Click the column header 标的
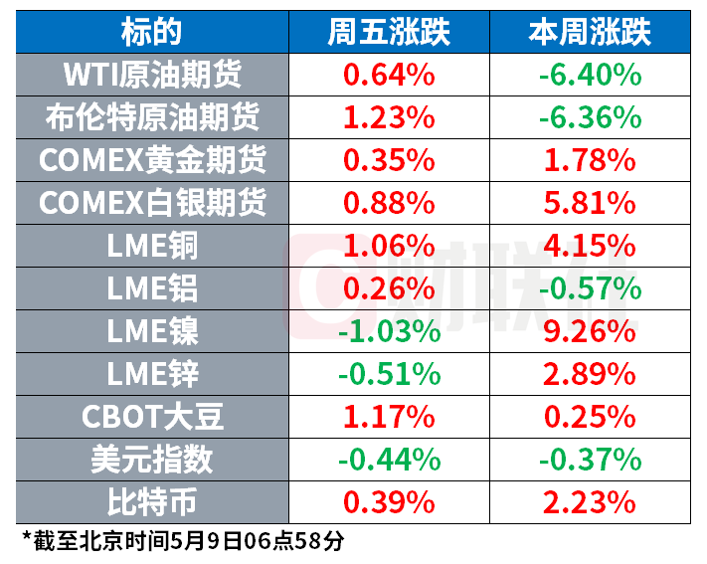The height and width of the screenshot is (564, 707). point(151,33)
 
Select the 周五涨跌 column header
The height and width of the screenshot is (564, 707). point(389,33)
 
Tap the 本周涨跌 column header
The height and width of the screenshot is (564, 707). point(590,33)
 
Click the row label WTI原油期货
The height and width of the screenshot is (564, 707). point(152,75)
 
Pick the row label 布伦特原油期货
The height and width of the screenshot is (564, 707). point(152,117)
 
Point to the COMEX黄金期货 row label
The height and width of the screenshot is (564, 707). point(152,160)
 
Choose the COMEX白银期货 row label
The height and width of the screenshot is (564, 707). point(152,203)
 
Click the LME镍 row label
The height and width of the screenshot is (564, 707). point(152,331)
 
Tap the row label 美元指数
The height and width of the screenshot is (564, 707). point(151,460)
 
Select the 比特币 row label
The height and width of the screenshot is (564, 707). point(151,502)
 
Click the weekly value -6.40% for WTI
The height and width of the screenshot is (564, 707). point(590,75)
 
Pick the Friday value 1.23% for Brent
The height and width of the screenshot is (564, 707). point(389,117)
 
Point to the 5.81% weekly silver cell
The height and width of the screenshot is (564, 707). point(590,203)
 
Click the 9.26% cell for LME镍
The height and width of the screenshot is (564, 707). point(590,331)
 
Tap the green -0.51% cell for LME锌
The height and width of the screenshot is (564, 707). point(389,374)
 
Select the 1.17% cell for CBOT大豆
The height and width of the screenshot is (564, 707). point(389,417)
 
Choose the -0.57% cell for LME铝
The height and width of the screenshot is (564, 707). point(590,288)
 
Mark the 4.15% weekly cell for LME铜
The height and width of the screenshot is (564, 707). point(590,246)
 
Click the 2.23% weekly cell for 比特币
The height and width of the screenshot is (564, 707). point(590,502)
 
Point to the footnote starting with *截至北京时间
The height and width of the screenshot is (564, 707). point(183,540)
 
